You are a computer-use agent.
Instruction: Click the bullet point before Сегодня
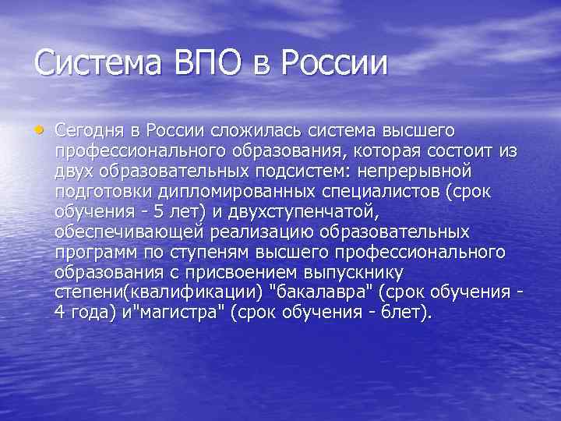point(40,127)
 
